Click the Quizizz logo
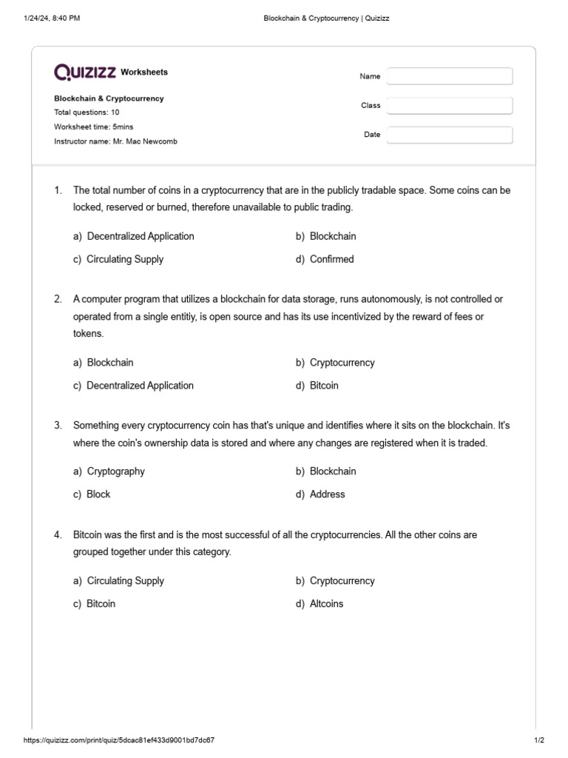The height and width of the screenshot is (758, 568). tap(84, 72)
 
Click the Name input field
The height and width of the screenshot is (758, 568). tap(450, 76)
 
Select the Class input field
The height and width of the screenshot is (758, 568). tap(450, 106)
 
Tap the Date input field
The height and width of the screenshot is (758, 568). tap(450, 135)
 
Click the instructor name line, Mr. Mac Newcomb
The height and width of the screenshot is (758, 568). tap(115, 141)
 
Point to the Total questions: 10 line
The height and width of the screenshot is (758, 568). tap(87, 113)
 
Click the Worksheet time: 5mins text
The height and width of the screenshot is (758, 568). tap(94, 127)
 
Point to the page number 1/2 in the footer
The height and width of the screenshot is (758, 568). tap(538, 740)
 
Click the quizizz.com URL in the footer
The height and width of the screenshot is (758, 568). tap(119, 740)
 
